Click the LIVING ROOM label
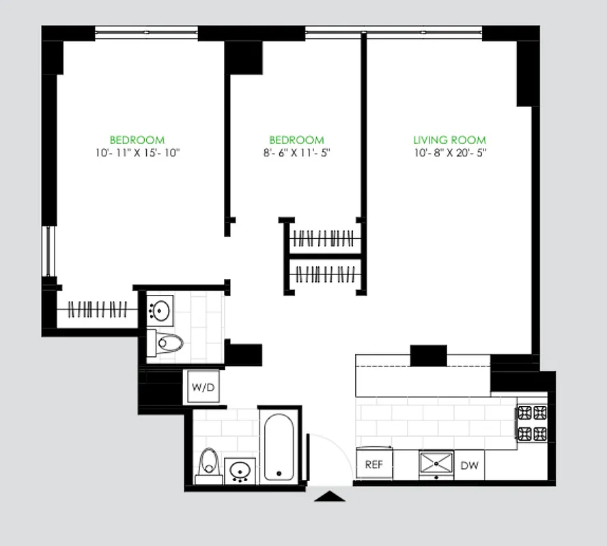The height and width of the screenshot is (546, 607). click(x=449, y=140)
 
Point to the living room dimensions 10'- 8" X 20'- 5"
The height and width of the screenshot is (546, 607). click(x=449, y=153)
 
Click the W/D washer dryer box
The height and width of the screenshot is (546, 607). click(x=203, y=388)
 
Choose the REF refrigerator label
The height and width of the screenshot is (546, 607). click(x=373, y=465)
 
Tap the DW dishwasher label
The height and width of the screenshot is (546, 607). click(x=469, y=465)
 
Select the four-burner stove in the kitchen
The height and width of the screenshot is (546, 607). click(x=532, y=422)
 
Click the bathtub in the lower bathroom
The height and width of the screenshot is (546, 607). click(x=279, y=447)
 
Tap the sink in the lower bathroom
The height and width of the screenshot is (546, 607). click(x=240, y=470)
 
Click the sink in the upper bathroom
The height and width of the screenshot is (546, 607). click(x=161, y=310)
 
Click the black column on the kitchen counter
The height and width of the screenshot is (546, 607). click(x=428, y=356)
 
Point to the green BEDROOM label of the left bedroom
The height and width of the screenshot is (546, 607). click(x=137, y=140)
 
